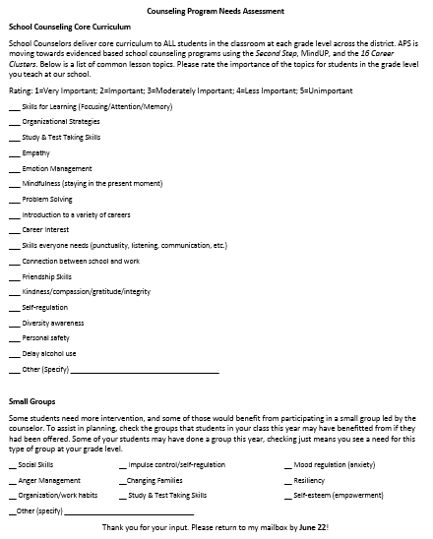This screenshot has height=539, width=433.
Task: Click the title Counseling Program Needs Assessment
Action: [216, 11]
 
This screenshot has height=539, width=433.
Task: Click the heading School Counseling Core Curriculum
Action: [73, 30]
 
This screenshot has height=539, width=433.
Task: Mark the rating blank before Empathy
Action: [14, 153]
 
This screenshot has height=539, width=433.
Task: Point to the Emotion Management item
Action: [56, 169]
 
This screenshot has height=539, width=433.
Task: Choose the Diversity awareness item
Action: [53, 323]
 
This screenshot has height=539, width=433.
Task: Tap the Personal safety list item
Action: [47, 338]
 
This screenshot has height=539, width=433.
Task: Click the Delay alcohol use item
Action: [49, 354]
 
